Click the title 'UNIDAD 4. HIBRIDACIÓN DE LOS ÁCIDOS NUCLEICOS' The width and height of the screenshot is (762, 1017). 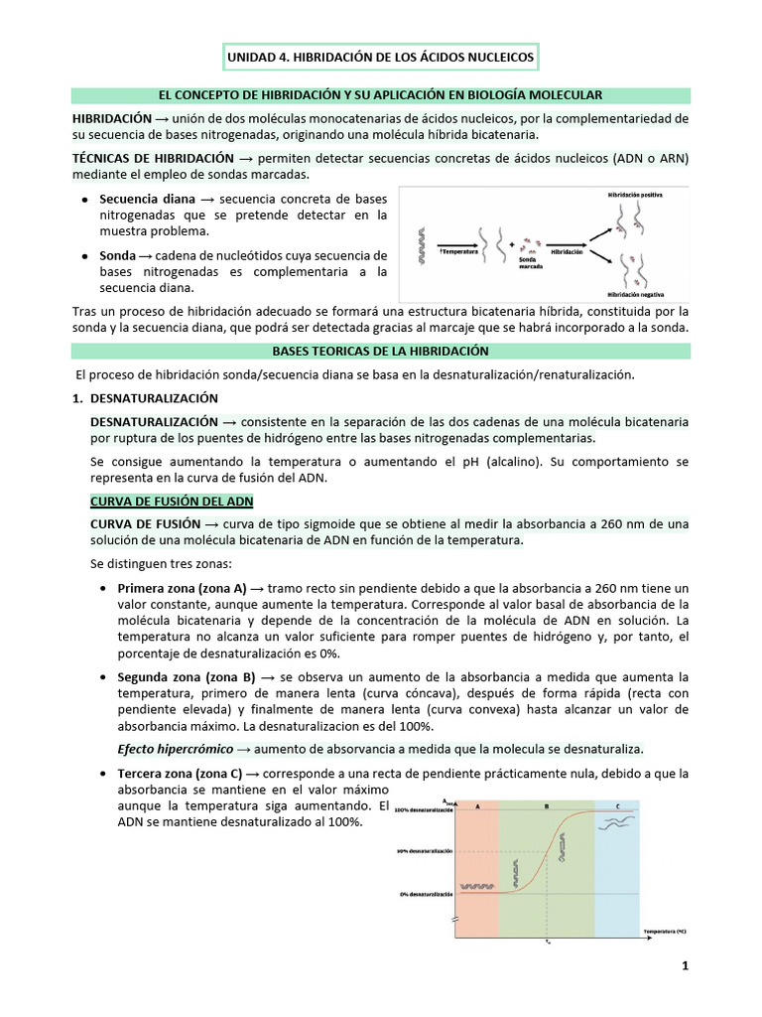[x=380, y=58]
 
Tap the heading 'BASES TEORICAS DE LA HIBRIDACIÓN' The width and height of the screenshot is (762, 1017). [x=380, y=352]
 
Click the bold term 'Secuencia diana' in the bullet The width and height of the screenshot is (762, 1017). [x=147, y=199]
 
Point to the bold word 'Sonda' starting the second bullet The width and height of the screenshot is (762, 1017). [x=117, y=255]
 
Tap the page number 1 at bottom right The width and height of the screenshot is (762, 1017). [x=685, y=965]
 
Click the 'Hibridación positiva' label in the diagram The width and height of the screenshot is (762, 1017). [x=634, y=196]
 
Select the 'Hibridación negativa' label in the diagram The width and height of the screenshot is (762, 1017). [x=634, y=295]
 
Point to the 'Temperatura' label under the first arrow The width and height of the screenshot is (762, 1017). [x=455, y=252]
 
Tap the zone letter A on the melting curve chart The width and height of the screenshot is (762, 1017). [x=478, y=806]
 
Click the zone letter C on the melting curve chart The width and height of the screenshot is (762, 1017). [x=618, y=806]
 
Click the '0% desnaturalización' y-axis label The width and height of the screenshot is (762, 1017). [x=427, y=894]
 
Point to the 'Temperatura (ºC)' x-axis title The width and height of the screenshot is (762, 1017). [x=666, y=932]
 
